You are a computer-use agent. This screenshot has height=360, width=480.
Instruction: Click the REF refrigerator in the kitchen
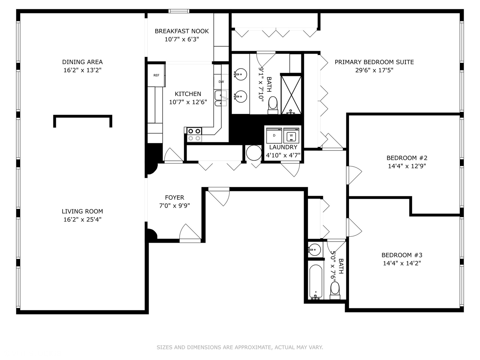(156, 75)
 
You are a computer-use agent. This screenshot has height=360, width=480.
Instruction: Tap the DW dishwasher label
(221, 82)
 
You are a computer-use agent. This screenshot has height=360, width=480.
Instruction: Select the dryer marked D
(274, 136)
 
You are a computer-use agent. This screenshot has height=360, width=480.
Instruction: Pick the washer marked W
(291, 136)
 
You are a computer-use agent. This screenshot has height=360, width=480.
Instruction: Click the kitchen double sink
(221, 98)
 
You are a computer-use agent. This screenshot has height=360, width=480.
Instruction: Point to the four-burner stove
(194, 135)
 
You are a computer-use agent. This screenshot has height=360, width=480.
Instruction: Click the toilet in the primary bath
(273, 106)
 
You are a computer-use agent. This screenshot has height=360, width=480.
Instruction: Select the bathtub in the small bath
(316, 282)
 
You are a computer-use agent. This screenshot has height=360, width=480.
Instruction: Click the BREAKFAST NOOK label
(182, 31)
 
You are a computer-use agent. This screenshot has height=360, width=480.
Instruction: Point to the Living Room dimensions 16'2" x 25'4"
(82, 219)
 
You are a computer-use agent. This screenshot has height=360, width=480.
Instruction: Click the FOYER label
(175, 198)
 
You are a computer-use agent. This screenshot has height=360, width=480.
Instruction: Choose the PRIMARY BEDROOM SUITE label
(374, 62)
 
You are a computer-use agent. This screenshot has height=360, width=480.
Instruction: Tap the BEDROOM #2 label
(407, 158)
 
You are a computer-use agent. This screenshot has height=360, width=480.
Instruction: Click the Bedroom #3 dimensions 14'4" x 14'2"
(402, 263)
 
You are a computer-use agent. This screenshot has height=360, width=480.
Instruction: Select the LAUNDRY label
(283, 147)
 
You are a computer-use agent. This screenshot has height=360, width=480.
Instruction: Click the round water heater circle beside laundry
(254, 153)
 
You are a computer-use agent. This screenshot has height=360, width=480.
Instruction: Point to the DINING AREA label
(82, 62)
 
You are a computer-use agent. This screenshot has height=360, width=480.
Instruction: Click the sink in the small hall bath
(314, 249)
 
